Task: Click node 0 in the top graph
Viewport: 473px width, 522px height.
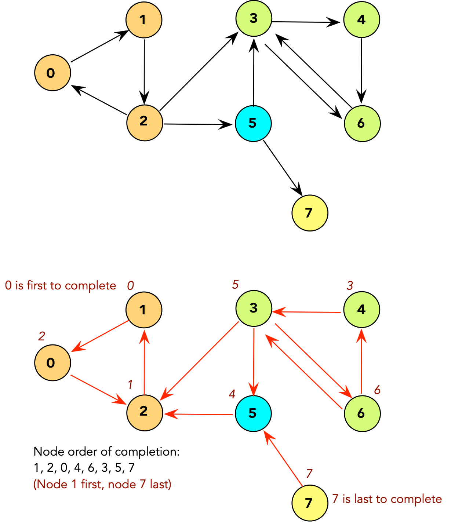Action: [52, 73]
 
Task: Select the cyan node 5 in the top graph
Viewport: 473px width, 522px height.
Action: [253, 123]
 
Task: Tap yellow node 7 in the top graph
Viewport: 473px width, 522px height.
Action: [310, 213]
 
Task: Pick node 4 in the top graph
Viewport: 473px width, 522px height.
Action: [361, 19]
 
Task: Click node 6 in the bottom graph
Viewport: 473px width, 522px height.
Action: [362, 413]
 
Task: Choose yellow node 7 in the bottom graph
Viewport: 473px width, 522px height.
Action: [310, 503]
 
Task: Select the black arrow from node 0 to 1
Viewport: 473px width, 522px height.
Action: [99, 47]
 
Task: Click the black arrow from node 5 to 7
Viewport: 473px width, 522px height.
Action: [283, 168]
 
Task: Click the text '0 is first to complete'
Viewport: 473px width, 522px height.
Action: [61, 286]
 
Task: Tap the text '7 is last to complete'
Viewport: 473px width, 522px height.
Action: [387, 499]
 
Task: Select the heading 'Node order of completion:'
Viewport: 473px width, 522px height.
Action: [106, 452]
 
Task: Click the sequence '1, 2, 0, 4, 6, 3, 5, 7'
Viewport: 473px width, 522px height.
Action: [84, 468]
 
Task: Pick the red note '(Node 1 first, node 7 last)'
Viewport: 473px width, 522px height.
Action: [102, 484]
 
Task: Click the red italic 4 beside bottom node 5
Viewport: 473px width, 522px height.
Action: [232, 394]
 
